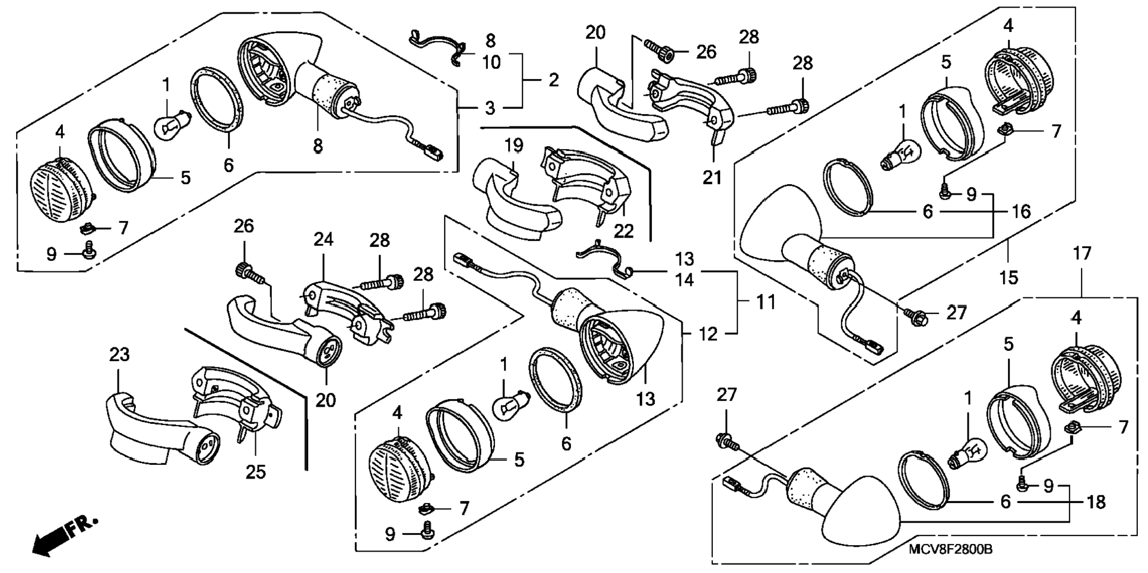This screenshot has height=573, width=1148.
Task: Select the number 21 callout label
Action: coord(712,176)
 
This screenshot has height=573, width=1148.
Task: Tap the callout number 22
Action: coord(624,230)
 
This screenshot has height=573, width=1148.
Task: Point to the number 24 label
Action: coord(324,239)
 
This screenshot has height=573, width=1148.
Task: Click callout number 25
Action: coord(256,472)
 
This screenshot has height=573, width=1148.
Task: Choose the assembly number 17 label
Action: coord(1082,254)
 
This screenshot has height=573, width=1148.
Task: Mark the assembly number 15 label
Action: coord(1009,277)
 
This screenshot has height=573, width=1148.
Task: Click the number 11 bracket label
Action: coord(765,302)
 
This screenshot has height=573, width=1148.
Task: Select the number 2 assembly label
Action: coord(553,80)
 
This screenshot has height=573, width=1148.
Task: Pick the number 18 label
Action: coord(1096,502)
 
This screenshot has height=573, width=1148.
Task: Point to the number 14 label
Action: coord(684,279)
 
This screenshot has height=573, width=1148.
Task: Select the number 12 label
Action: coord(707,334)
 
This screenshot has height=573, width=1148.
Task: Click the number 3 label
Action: coord(489,108)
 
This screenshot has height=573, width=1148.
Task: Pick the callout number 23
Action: coord(119,354)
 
